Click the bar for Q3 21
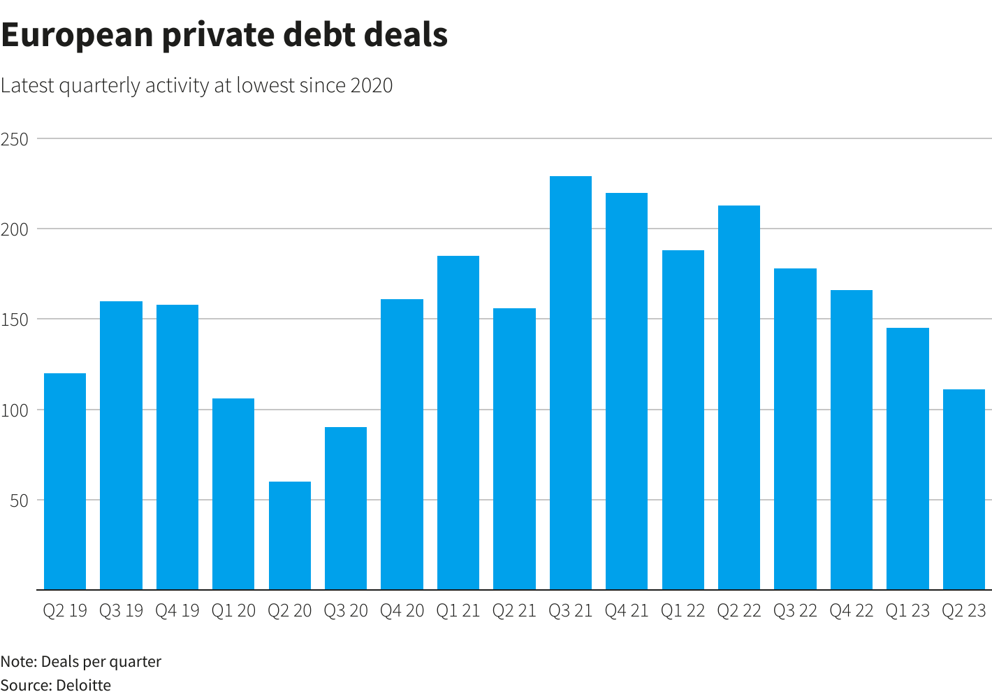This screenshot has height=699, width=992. coord(570,383)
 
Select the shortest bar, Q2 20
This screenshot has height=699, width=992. coord(290,535)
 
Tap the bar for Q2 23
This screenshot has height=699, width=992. coord(963,489)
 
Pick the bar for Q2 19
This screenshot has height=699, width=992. coord(65,482)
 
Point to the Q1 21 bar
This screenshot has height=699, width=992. coord(458,423)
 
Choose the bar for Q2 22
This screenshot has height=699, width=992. coord(739,398)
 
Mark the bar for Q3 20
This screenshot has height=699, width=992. coord(346,508)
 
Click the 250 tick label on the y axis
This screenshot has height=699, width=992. coord(15,139)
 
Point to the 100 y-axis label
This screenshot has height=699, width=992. coord(15,410)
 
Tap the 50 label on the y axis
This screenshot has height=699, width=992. coord(19,500)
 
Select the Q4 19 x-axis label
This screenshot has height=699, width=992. coord(177,611)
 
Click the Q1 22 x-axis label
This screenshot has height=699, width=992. coord(683,611)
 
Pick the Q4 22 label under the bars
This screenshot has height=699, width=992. coord(851,611)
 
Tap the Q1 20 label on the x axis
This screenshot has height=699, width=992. coord(233,611)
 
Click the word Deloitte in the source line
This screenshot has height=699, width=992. coord(83,685)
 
